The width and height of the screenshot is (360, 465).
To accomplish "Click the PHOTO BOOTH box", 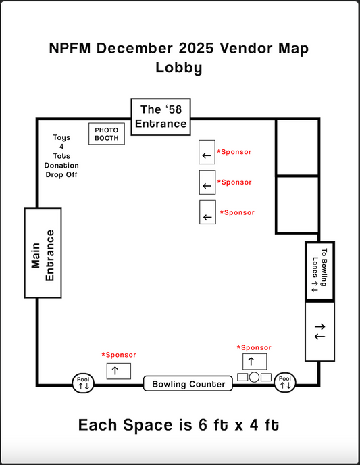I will [x=107, y=134].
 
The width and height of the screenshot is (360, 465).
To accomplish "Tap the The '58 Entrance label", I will [x=160, y=116].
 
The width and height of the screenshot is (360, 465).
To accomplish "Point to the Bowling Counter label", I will [x=188, y=384].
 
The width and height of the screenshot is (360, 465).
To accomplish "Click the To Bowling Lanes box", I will [x=319, y=270].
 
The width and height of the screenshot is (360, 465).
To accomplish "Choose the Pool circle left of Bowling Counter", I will [x=84, y=383].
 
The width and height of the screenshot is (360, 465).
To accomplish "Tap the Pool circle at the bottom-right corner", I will [x=285, y=383].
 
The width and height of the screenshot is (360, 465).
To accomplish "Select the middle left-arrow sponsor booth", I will [x=207, y=182].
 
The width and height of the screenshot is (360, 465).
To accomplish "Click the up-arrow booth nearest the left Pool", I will [x=118, y=370].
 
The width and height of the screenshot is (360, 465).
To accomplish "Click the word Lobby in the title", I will [x=179, y=68].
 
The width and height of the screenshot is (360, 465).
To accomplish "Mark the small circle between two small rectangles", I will [x=255, y=376].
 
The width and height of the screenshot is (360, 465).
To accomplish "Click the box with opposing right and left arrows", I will [x=319, y=331].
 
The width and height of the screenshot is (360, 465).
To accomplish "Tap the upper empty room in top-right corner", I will [x=297, y=147].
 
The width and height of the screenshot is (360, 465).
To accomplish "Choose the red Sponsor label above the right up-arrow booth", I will [x=255, y=347].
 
